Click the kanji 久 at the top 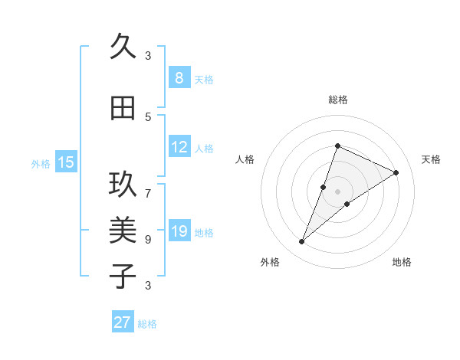tap(122, 47)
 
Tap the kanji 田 tap(122, 108)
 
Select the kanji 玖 tap(122, 185)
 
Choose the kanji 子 tap(122, 277)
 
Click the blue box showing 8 tap(179, 77)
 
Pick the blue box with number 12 tap(179, 147)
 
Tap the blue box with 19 tap(179, 231)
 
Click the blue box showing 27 tap(123, 322)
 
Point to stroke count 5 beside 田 tap(148, 116)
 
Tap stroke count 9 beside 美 tap(148, 239)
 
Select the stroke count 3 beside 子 tap(148, 285)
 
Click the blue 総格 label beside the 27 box tap(147, 324)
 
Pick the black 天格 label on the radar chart tap(432, 159)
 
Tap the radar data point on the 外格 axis tap(302, 242)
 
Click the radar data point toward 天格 tap(396, 173)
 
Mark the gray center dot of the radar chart tap(337, 191)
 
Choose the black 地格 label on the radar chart tap(402, 263)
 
